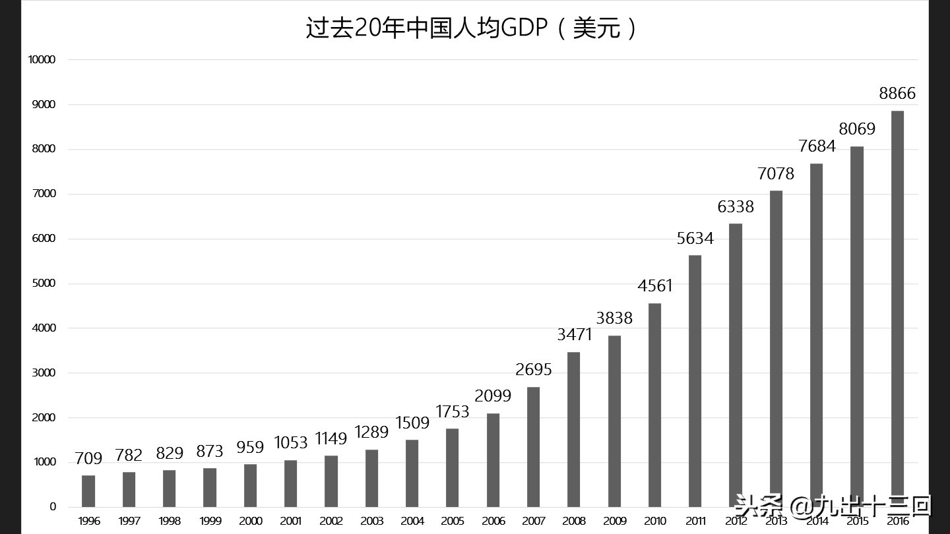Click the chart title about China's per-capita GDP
click(x=472, y=29)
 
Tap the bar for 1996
click(x=88, y=491)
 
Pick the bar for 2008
click(x=574, y=429)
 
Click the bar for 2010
click(x=654, y=405)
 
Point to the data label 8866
click(x=897, y=94)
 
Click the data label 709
click(x=88, y=458)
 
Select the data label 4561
click(x=654, y=286)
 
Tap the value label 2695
click(x=533, y=370)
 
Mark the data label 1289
click(x=371, y=432)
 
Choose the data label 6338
click(x=736, y=207)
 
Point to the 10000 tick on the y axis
click(x=42, y=60)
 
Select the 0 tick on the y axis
click(x=53, y=507)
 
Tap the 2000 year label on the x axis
click(x=251, y=521)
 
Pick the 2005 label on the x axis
click(x=453, y=521)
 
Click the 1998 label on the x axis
click(x=170, y=521)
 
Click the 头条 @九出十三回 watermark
click(x=833, y=506)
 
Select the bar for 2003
click(x=371, y=478)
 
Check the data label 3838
click(x=614, y=318)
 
